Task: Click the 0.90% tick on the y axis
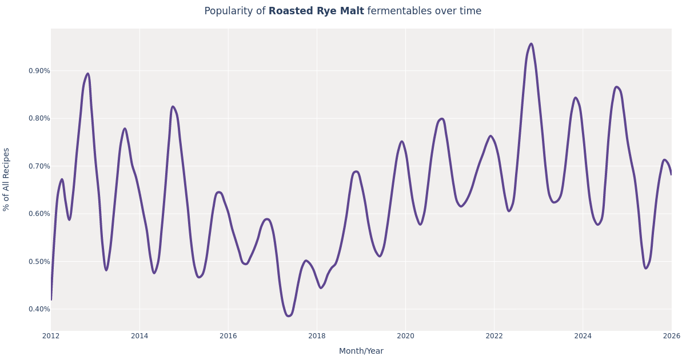pos(39,71)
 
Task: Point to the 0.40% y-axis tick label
pos(39,309)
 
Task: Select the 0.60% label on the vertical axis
pos(39,214)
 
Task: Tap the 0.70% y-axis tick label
pos(39,166)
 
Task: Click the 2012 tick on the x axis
pos(51,336)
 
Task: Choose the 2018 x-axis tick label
pos(317,336)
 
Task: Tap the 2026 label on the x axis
pos(671,336)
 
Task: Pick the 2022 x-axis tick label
pos(494,336)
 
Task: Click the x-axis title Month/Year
pos(361,351)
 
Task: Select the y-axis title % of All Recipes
pos(7,179)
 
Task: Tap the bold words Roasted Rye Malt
pos(316,11)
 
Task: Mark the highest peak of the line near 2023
pos(531,44)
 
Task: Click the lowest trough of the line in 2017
pos(289,316)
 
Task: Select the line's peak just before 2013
pos(87,74)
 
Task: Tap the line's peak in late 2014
pos(173,107)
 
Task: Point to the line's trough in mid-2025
pos(646,268)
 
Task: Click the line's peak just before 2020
pos(402,142)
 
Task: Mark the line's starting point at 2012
pos(51,299)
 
